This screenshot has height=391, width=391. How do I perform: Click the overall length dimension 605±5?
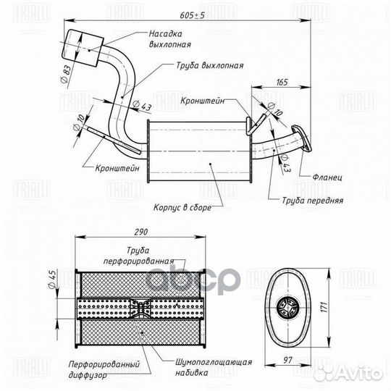tap(193, 15)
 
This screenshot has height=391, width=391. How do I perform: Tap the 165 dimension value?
tap(282, 82)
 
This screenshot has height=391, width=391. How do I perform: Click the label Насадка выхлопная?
tap(170, 39)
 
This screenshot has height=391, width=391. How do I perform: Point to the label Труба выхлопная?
tap(210, 66)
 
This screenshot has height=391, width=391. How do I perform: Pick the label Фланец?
tap(327, 177)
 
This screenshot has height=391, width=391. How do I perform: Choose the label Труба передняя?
tap(313, 201)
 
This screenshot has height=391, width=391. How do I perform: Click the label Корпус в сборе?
tap(182, 207)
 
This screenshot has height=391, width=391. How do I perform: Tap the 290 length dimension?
tap(141, 232)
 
